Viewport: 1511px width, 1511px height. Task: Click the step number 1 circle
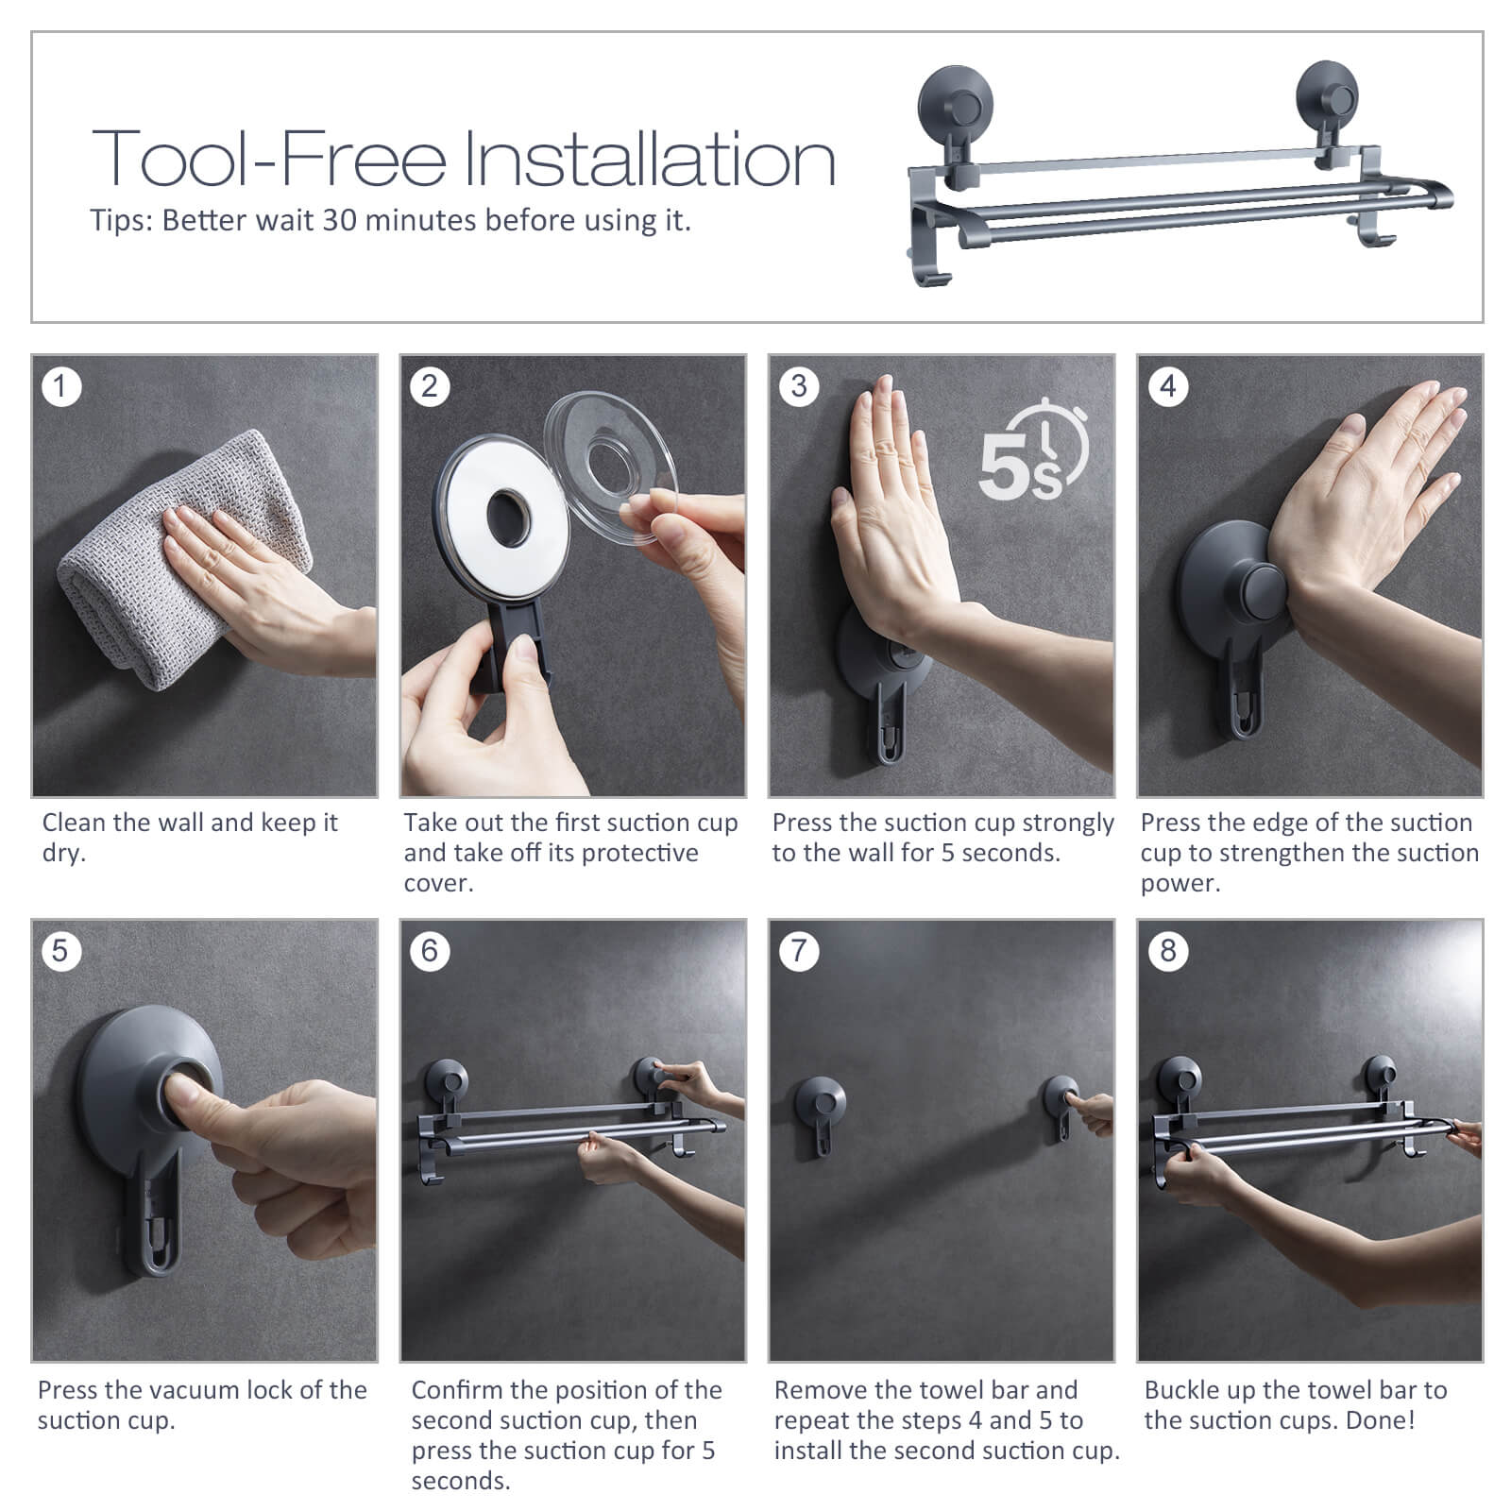click(61, 386)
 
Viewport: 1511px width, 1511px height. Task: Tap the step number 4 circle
click(1168, 386)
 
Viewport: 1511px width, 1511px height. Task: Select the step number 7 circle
click(799, 950)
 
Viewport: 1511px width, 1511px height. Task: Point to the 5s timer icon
click(1033, 450)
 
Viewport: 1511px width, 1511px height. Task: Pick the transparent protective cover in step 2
click(612, 467)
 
